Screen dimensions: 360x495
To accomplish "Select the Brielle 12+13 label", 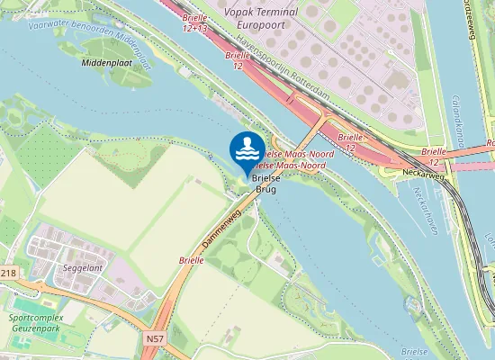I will [x=194, y=23].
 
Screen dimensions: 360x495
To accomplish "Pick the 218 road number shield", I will [x=8, y=272].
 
